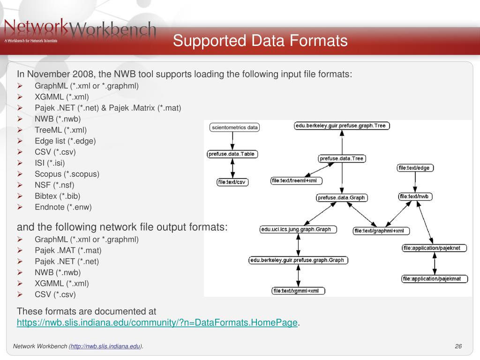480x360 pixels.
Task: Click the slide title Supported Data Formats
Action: pyautogui.click(x=260, y=41)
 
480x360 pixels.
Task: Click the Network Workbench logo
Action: pyautogui.click(x=80, y=30)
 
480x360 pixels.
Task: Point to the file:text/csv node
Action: pyautogui.click(x=232, y=182)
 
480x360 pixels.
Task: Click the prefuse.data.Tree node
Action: pyautogui.click(x=342, y=158)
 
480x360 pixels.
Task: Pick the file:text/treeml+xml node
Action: pyautogui.click(x=297, y=180)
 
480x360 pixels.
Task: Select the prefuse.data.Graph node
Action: pyautogui.click(x=341, y=197)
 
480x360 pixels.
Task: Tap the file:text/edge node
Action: pyautogui.click(x=413, y=168)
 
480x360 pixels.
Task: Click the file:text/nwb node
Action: pyautogui.click(x=415, y=196)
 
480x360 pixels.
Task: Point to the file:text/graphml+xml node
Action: pyautogui.click(x=382, y=231)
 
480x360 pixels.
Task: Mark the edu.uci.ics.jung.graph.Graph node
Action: pyautogui.click(x=296, y=230)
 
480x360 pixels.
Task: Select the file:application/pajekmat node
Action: pyautogui.click(x=435, y=279)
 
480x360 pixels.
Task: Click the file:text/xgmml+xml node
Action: pyautogui.click(x=299, y=291)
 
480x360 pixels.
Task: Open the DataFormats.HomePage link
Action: pyautogui.click(x=157, y=322)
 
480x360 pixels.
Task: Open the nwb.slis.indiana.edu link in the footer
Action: pyautogui.click(x=105, y=346)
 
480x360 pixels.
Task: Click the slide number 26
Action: pyautogui.click(x=458, y=346)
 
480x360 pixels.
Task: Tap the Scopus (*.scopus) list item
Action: pyautogui.click(x=67, y=174)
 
